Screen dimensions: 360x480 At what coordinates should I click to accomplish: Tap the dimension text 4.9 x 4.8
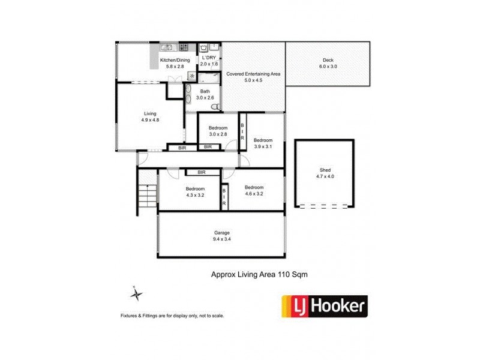pos(150,119)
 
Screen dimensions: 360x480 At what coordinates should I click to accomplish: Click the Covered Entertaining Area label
pos(253,74)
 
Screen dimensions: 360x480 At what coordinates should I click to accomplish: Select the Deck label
pos(328,60)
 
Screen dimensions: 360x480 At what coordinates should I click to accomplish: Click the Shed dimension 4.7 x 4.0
pos(323,177)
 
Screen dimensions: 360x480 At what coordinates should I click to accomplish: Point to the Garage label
pos(222,232)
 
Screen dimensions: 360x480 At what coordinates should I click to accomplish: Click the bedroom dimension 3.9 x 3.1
pos(263,146)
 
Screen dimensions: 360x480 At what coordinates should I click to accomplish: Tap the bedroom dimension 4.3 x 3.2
pos(178,194)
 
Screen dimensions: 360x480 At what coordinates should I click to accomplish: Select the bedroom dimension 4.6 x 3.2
pos(254,193)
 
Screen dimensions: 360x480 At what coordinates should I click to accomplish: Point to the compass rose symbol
pos(137,294)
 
